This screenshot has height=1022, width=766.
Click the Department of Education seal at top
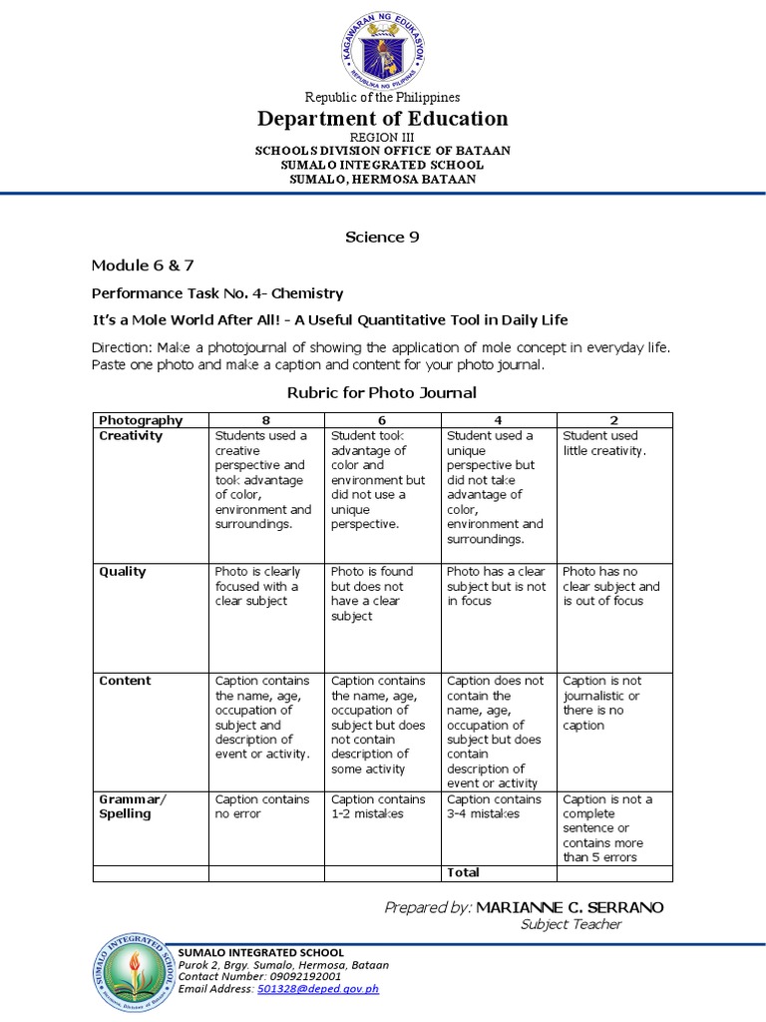382,48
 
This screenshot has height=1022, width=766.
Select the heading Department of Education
383,119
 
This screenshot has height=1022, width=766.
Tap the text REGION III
382,136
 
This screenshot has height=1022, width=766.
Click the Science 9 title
382,237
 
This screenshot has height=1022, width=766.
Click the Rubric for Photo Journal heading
382,392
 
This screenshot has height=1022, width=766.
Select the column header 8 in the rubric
266,420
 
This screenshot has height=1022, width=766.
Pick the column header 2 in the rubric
614,420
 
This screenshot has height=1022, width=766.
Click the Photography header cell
141,420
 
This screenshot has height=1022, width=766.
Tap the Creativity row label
131,436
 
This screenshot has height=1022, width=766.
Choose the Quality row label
123,572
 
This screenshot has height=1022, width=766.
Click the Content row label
125,681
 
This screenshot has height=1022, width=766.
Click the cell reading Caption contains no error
261,806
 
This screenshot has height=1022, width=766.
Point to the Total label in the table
464,872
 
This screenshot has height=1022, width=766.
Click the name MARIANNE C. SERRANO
569,907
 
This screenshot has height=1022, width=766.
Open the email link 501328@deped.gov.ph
318,989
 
